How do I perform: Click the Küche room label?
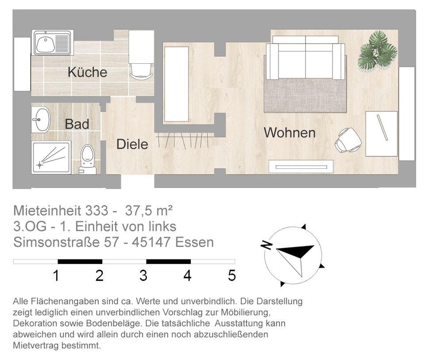coord(87,72)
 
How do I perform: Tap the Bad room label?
coord(77,124)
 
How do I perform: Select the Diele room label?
coord(132,144)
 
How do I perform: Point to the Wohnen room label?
coord(290,132)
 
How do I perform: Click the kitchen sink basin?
coord(46,44)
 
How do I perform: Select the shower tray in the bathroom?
coord(51,157)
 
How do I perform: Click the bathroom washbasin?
coord(41,120)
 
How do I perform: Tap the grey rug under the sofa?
coord(305,95)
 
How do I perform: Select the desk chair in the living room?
coord(348,140)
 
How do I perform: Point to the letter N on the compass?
coord(267,245)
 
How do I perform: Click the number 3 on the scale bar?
coord(143,275)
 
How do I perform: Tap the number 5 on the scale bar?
coord(232,275)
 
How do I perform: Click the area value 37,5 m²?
coord(149,210)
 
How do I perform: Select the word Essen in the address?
coord(195,242)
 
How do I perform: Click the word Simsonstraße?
coord(57,242)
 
